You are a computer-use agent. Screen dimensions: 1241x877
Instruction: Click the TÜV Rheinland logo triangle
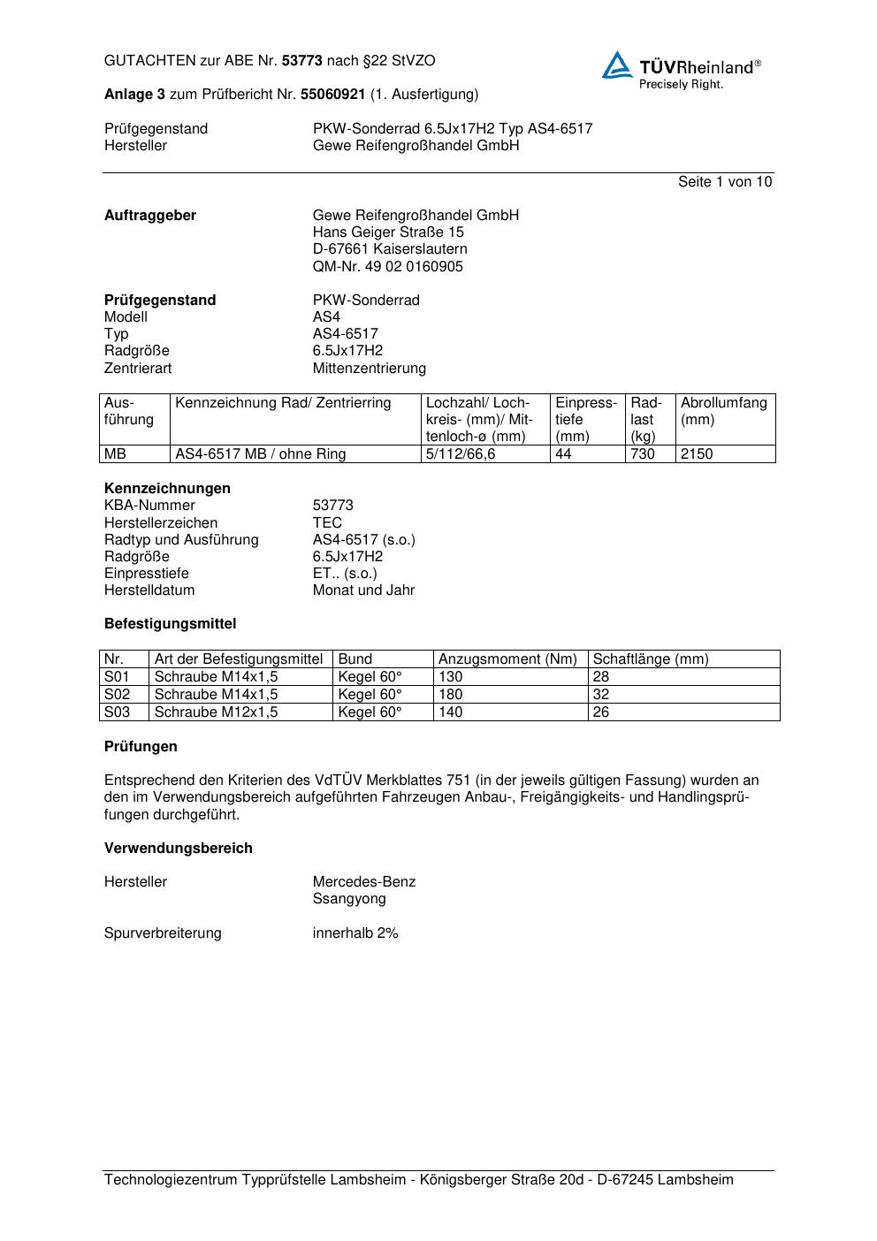pos(617,65)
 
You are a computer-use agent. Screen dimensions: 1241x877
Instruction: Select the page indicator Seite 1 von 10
pos(724,181)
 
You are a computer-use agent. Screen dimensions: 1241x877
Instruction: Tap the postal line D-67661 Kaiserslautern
pos(390,249)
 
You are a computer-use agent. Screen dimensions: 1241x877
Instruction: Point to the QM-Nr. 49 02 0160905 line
pos(387,266)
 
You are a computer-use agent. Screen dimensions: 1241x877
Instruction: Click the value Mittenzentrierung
pos(369,368)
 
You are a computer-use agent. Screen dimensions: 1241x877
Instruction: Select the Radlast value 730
pos(643,453)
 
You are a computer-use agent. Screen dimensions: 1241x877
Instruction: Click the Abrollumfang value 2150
pos(697,453)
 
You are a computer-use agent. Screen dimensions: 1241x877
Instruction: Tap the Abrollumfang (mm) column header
pos(723,411)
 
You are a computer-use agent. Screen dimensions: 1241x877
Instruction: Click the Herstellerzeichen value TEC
pos(327,522)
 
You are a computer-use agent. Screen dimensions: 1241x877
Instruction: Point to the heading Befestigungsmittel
pos(170,623)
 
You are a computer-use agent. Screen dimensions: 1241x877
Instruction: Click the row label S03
pos(117,712)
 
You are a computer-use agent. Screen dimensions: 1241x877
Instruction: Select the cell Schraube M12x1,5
pos(216,712)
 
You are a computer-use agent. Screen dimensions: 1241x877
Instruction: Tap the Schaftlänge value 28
pos(601,676)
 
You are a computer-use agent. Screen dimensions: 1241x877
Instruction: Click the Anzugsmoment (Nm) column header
pos(507,659)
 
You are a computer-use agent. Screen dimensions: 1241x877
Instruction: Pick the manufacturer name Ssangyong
pos(349,898)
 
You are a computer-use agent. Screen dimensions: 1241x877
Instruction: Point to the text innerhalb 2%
pos(355,933)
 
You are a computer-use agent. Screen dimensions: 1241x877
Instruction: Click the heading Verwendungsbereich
pos(178,848)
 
